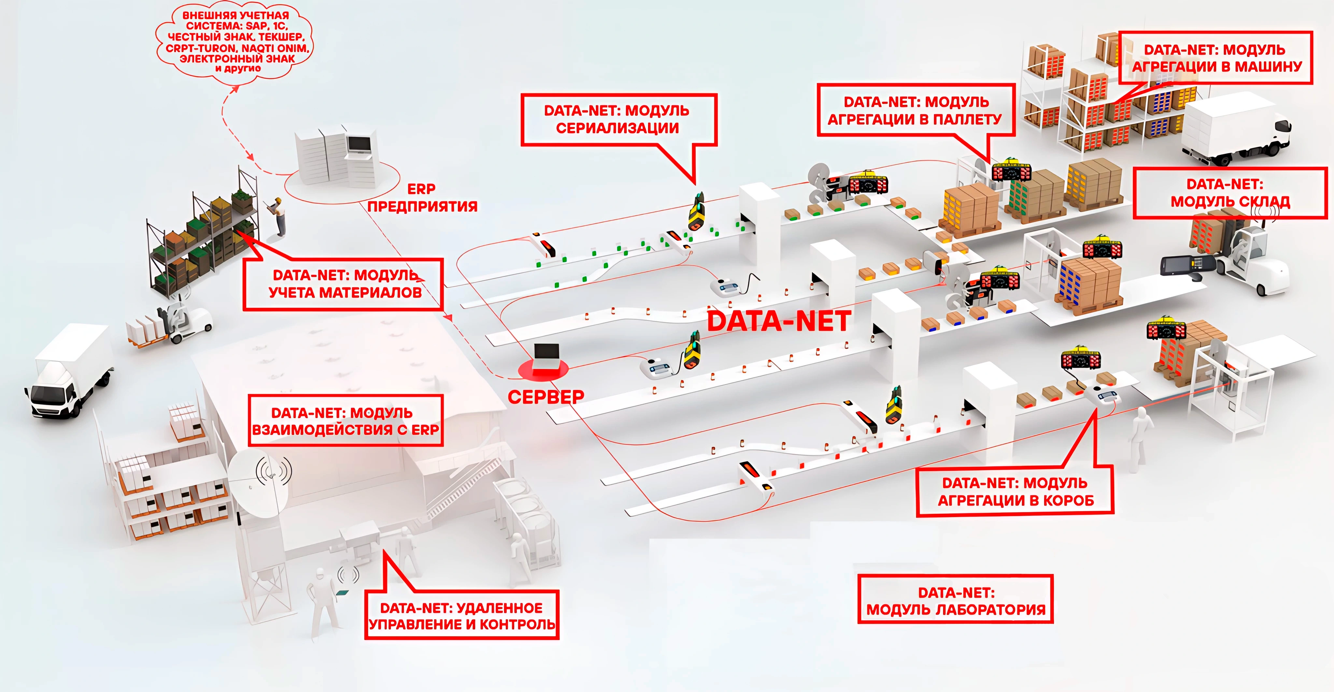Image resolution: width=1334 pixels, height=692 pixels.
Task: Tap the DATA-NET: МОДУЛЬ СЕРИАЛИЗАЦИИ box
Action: tap(618, 119)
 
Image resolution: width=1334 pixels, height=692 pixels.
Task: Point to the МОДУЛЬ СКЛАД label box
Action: tap(1229, 193)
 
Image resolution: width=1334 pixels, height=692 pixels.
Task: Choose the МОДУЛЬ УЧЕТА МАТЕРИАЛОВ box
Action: tap(343, 284)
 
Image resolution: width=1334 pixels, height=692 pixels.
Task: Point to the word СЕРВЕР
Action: tap(546, 397)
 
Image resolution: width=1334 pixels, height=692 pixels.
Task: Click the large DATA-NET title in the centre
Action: tap(779, 321)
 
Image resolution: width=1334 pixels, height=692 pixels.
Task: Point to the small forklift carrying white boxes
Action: tap(171, 324)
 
